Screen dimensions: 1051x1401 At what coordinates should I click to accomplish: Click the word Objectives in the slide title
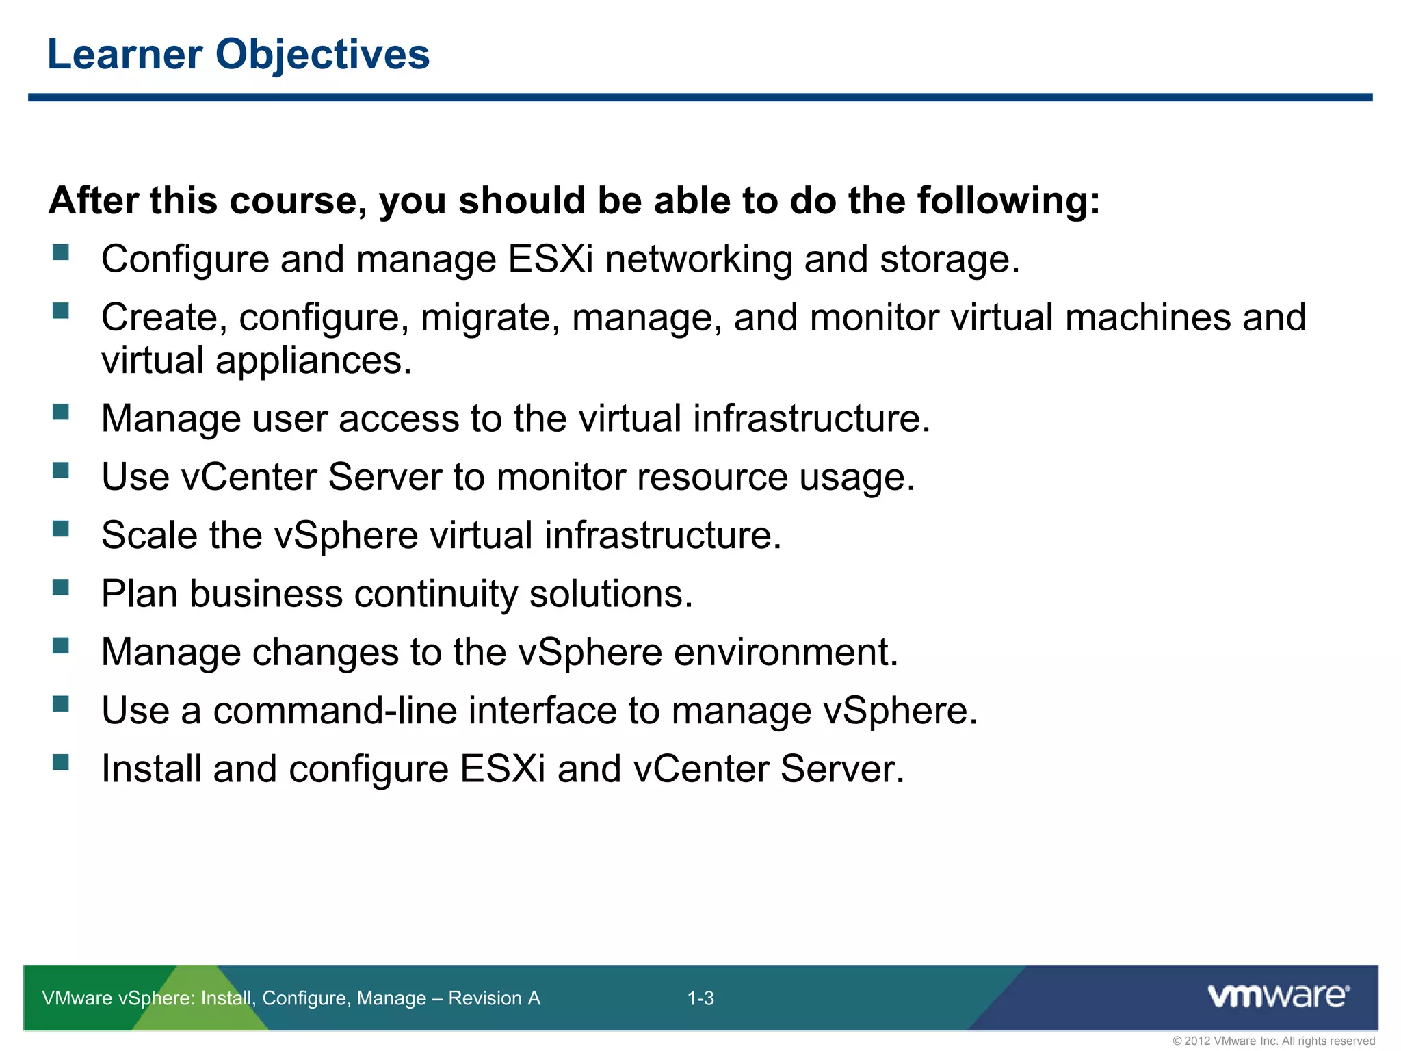323,55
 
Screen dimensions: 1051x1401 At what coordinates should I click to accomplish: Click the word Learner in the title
125,55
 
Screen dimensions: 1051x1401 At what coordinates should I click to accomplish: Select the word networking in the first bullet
698,260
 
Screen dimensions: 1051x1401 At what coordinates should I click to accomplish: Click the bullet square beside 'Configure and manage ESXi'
61,252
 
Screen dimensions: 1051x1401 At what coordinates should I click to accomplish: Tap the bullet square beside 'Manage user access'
61,412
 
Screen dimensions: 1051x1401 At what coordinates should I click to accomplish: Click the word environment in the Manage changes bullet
785,652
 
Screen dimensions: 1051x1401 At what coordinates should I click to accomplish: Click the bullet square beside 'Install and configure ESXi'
61,762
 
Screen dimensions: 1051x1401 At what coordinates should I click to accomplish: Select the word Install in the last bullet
151,768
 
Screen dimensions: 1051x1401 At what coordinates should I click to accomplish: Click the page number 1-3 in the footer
700,998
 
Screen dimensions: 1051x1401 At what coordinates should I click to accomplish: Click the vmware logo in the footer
1278,996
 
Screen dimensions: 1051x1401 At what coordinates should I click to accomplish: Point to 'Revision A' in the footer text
494,998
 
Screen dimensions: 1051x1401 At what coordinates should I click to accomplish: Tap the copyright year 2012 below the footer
1197,1041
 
